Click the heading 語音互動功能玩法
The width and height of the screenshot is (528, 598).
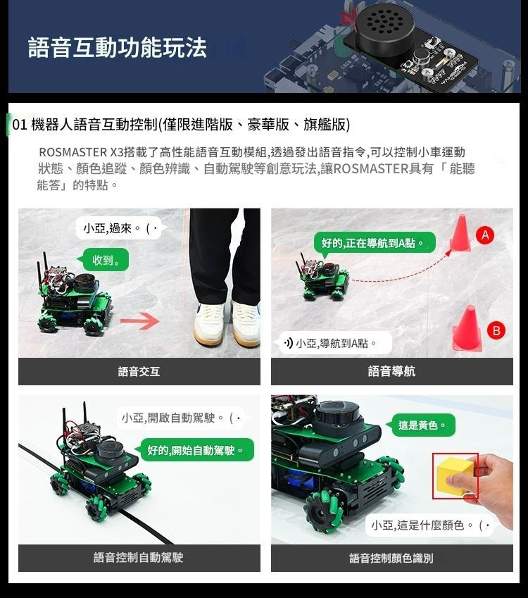117,47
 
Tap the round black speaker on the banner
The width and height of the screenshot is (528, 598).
385,27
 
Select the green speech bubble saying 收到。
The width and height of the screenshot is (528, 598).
103,260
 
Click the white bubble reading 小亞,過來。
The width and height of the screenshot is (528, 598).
121,228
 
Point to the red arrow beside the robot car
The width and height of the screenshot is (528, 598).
140,320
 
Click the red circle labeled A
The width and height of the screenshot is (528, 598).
485,235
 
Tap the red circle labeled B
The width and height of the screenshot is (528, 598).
496,330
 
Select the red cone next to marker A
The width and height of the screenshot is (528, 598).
460,233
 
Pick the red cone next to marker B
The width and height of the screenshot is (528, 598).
467,328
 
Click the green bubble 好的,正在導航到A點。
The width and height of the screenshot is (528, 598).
374,242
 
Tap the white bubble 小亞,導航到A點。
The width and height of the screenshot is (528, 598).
336,343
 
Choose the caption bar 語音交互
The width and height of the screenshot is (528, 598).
139,371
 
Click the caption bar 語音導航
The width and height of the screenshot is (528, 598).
392,371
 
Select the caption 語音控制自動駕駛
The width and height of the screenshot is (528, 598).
139,558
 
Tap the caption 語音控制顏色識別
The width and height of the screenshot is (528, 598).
392,558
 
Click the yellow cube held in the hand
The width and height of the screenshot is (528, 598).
455,475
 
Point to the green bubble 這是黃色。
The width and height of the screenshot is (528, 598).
421,425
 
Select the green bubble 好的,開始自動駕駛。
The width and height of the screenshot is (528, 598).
195,450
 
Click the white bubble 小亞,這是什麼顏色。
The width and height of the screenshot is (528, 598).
429,525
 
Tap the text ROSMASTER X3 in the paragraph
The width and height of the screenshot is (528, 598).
81,152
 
